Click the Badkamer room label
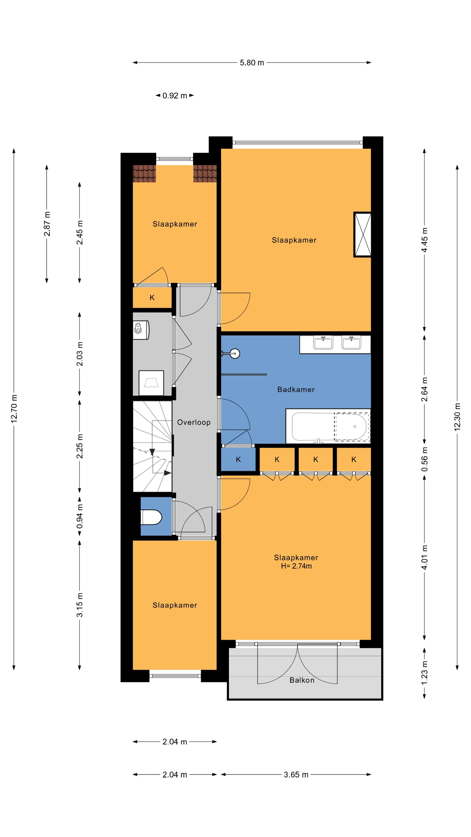click(x=296, y=389)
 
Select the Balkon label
click(x=302, y=680)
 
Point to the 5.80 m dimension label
click(x=252, y=63)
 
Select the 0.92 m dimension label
click(x=175, y=95)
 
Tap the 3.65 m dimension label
click(x=296, y=775)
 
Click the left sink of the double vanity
click(x=323, y=343)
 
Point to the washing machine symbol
click(x=141, y=330)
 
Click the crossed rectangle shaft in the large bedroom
click(x=362, y=235)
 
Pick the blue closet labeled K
click(x=238, y=459)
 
